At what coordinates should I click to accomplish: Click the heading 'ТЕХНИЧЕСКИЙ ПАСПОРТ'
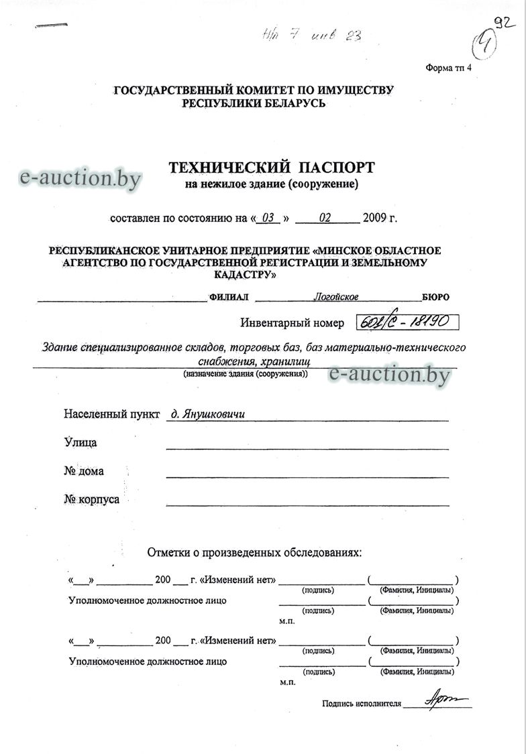[x=271, y=167]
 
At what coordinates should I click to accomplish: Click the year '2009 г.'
[x=380, y=218]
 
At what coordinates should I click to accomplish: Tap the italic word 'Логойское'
[x=336, y=297]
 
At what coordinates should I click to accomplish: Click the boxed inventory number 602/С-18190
[x=407, y=322]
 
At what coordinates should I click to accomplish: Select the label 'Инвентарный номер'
[x=292, y=323]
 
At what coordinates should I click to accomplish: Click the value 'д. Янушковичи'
[x=208, y=414]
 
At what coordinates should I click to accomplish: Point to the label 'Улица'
[x=81, y=442]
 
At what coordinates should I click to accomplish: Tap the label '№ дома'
[x=84, y=471]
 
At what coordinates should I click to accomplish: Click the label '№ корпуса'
[x=92, y=499]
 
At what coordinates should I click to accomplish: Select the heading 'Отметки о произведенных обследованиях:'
[x=254, y=553]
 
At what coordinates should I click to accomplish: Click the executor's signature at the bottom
[x=439, y=700]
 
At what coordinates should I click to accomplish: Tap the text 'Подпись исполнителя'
[x=362, y=704]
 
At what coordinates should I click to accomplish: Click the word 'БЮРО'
[x=436, y=297]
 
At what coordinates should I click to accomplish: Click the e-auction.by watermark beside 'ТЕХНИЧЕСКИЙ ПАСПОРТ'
[x=81, y=178]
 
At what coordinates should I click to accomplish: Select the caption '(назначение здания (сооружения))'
[x=246, y=373]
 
